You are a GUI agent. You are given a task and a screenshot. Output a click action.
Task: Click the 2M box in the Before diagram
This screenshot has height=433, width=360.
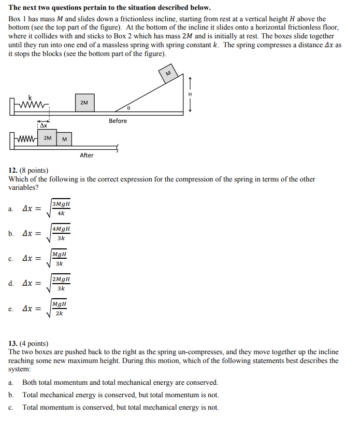pos(84,103)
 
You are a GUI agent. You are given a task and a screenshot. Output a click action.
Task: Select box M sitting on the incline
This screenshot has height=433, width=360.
pos(168,73)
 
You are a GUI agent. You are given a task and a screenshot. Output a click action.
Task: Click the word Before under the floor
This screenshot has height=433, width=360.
pos(118,121)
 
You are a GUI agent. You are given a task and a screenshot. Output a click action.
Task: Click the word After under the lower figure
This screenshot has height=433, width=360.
pos(87,155)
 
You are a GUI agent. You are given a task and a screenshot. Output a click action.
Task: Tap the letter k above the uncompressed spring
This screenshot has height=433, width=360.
pos(30,97)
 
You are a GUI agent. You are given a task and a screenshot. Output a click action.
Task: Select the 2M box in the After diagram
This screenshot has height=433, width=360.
pos(47,138)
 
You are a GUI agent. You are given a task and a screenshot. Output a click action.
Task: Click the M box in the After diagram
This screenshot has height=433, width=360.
pos(64,138)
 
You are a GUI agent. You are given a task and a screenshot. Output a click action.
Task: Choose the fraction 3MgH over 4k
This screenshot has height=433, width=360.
pos(61,208)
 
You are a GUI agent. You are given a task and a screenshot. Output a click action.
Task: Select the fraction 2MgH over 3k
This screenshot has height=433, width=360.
pos(61,284)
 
